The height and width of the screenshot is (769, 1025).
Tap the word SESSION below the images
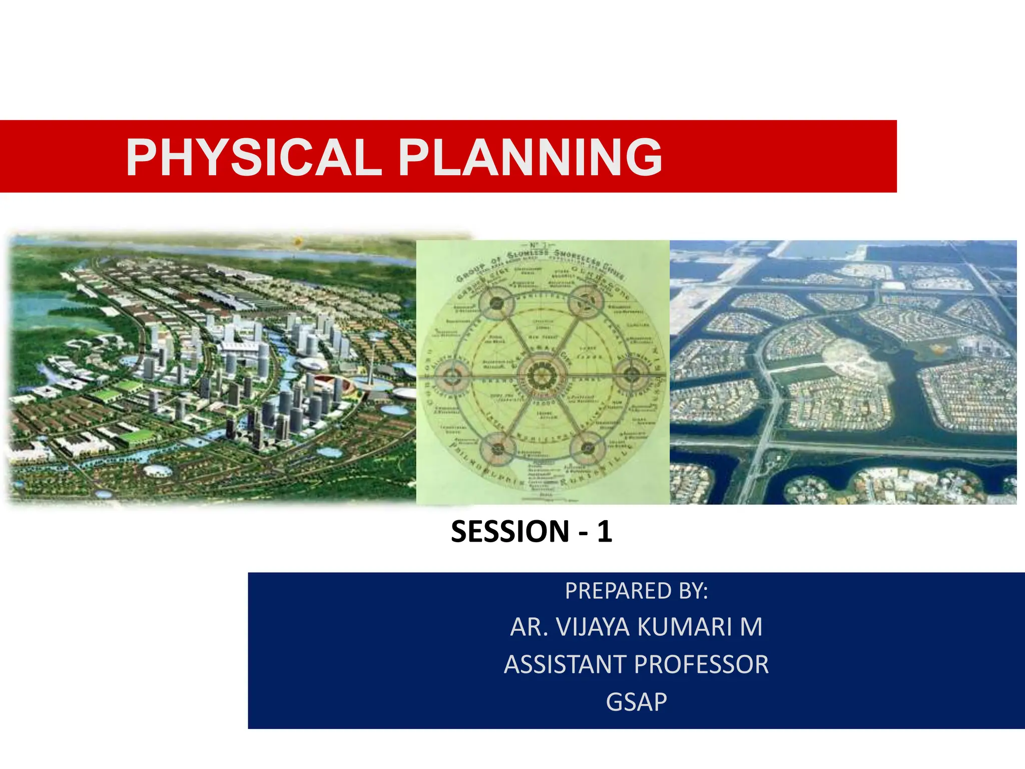[x=510, y=532]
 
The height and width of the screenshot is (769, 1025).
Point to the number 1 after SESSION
[x=604, y=532]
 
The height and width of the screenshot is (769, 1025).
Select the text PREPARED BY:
[x=636, y=591]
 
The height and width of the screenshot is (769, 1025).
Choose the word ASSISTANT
[x=565, y=665]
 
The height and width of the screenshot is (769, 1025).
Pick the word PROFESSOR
[x=701, y=665]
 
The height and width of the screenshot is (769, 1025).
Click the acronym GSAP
[x=636, y=702]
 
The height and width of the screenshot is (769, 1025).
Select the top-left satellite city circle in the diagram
[x=496, y=302]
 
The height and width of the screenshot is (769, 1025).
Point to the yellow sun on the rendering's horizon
[x=297, y=242]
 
